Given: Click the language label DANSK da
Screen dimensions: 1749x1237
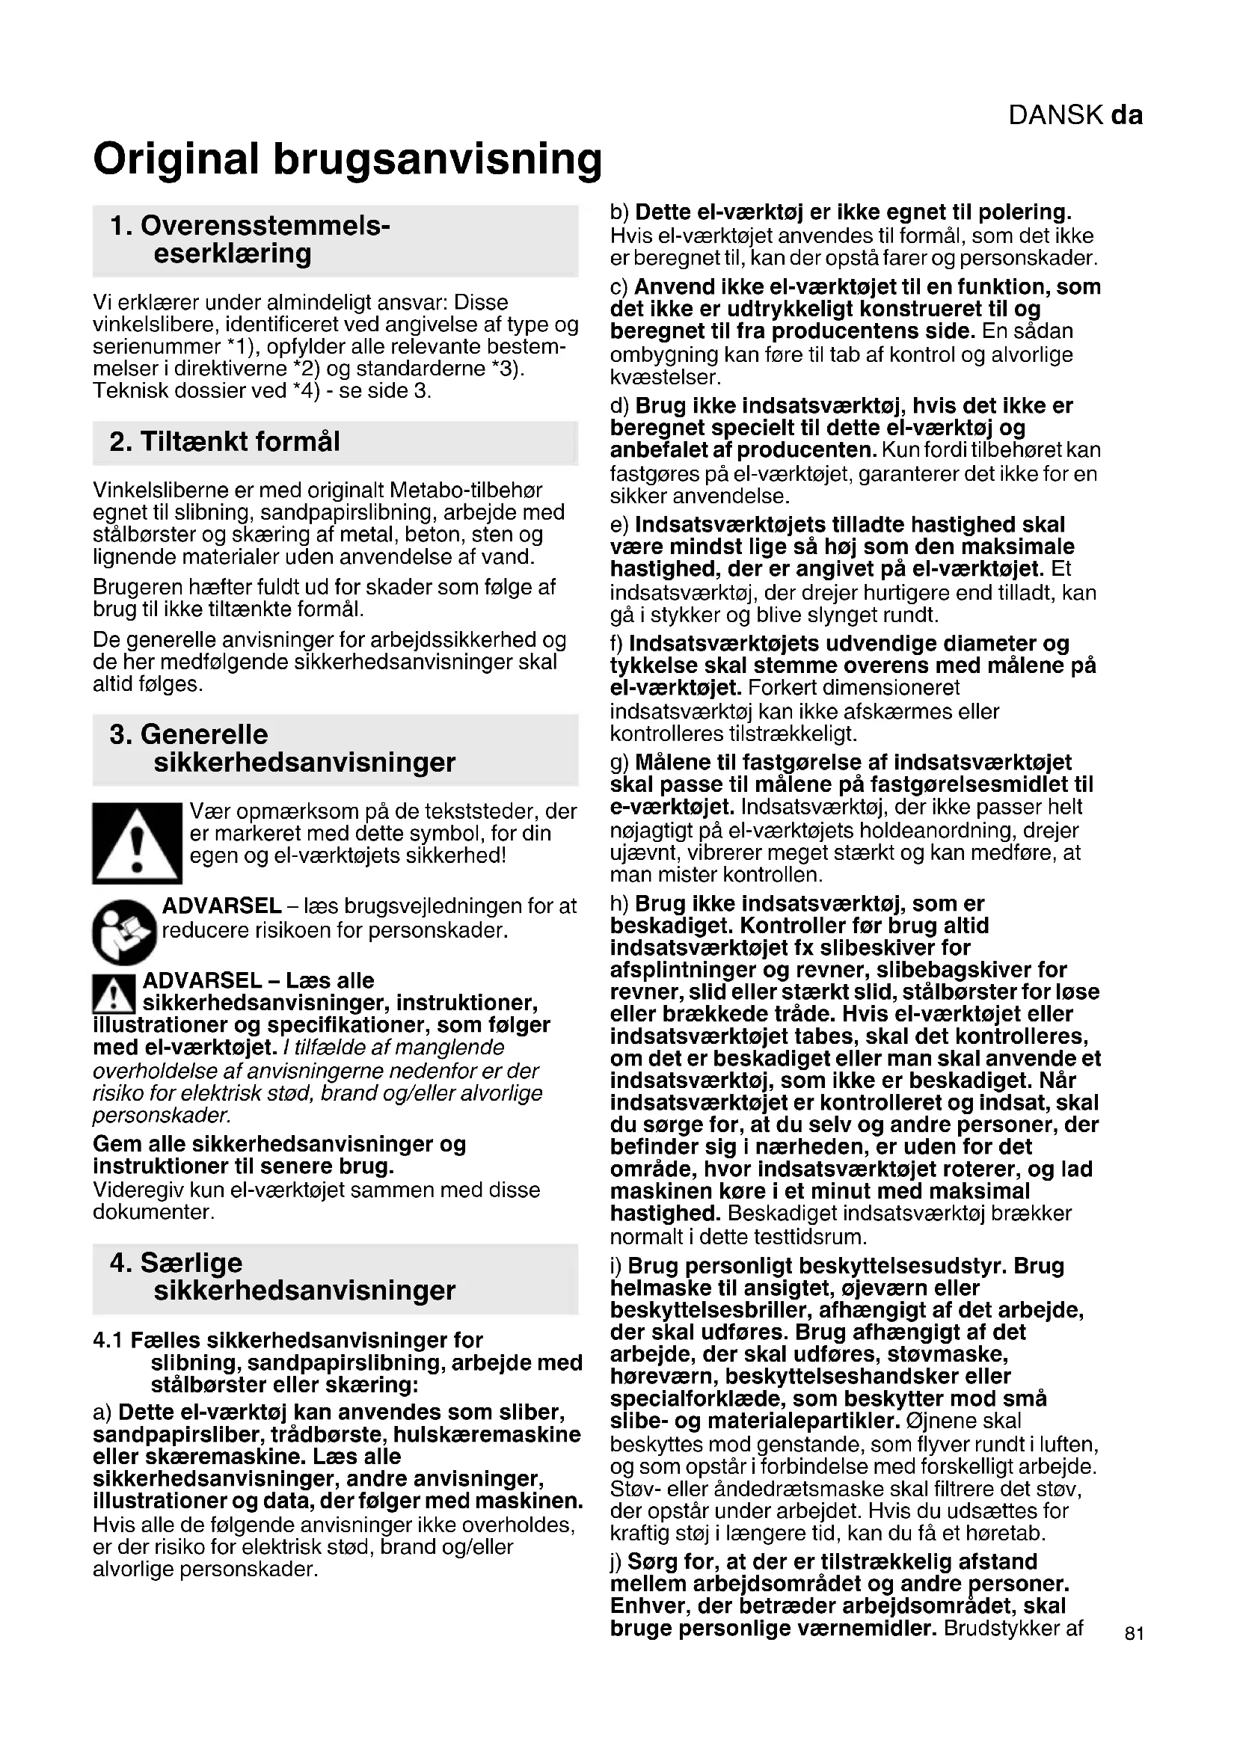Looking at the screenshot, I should (x=1075, y=115).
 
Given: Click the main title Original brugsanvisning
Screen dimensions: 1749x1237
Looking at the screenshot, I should (x=347, y=159).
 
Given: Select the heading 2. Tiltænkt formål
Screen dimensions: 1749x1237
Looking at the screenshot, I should (x=224, y=442).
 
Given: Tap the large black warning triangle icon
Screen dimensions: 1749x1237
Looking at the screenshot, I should (x=137, y=843).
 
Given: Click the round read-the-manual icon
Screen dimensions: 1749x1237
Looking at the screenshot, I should (x=124, y=931).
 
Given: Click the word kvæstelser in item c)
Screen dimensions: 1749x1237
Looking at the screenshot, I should (x=665, y=377).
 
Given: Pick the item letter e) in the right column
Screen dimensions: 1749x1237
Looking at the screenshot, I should (x=620, y=525).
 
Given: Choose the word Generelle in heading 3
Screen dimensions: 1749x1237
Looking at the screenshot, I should (x=204, y=734).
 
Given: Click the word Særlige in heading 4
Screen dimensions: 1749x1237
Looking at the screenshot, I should (x=191, y=1263).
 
